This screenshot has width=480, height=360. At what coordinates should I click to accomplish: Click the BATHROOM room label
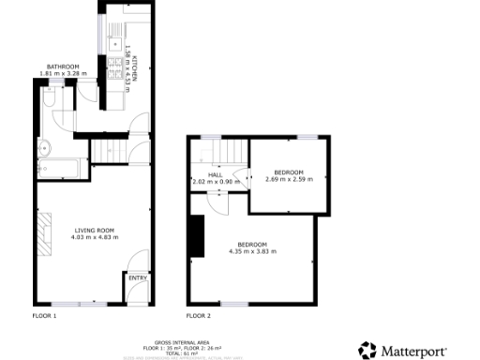coord(64,67)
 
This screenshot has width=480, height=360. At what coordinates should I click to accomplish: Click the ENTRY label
coord(138,277)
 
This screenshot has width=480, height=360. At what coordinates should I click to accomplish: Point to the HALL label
coord(215,174)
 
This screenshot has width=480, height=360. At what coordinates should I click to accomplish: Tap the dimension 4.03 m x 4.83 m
coord(92,237)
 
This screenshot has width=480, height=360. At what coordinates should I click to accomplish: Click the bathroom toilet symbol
coord(51,97)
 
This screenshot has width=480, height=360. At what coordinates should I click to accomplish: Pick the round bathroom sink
coord(45,147)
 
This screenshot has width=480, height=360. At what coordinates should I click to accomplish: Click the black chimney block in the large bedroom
coord(196,236)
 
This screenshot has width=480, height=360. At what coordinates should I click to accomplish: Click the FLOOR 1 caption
coord(45,316)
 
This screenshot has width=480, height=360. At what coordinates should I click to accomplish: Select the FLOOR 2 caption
coord(198,316)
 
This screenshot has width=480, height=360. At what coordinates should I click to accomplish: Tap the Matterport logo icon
coord(367,350)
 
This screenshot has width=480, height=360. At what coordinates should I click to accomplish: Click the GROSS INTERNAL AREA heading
coord(164,343)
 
